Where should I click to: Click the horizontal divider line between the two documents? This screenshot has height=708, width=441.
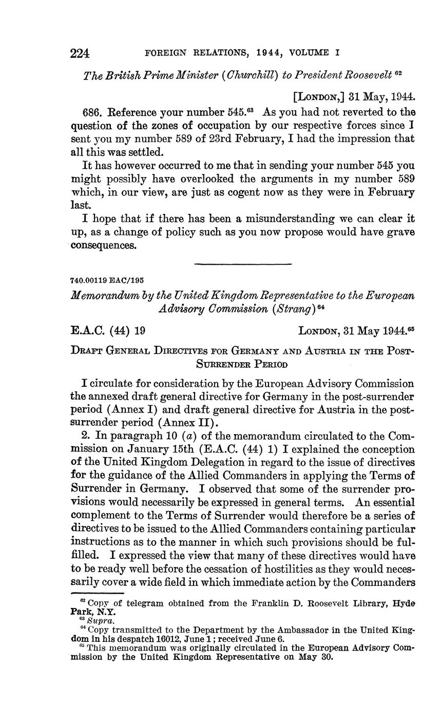click(243, 264)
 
